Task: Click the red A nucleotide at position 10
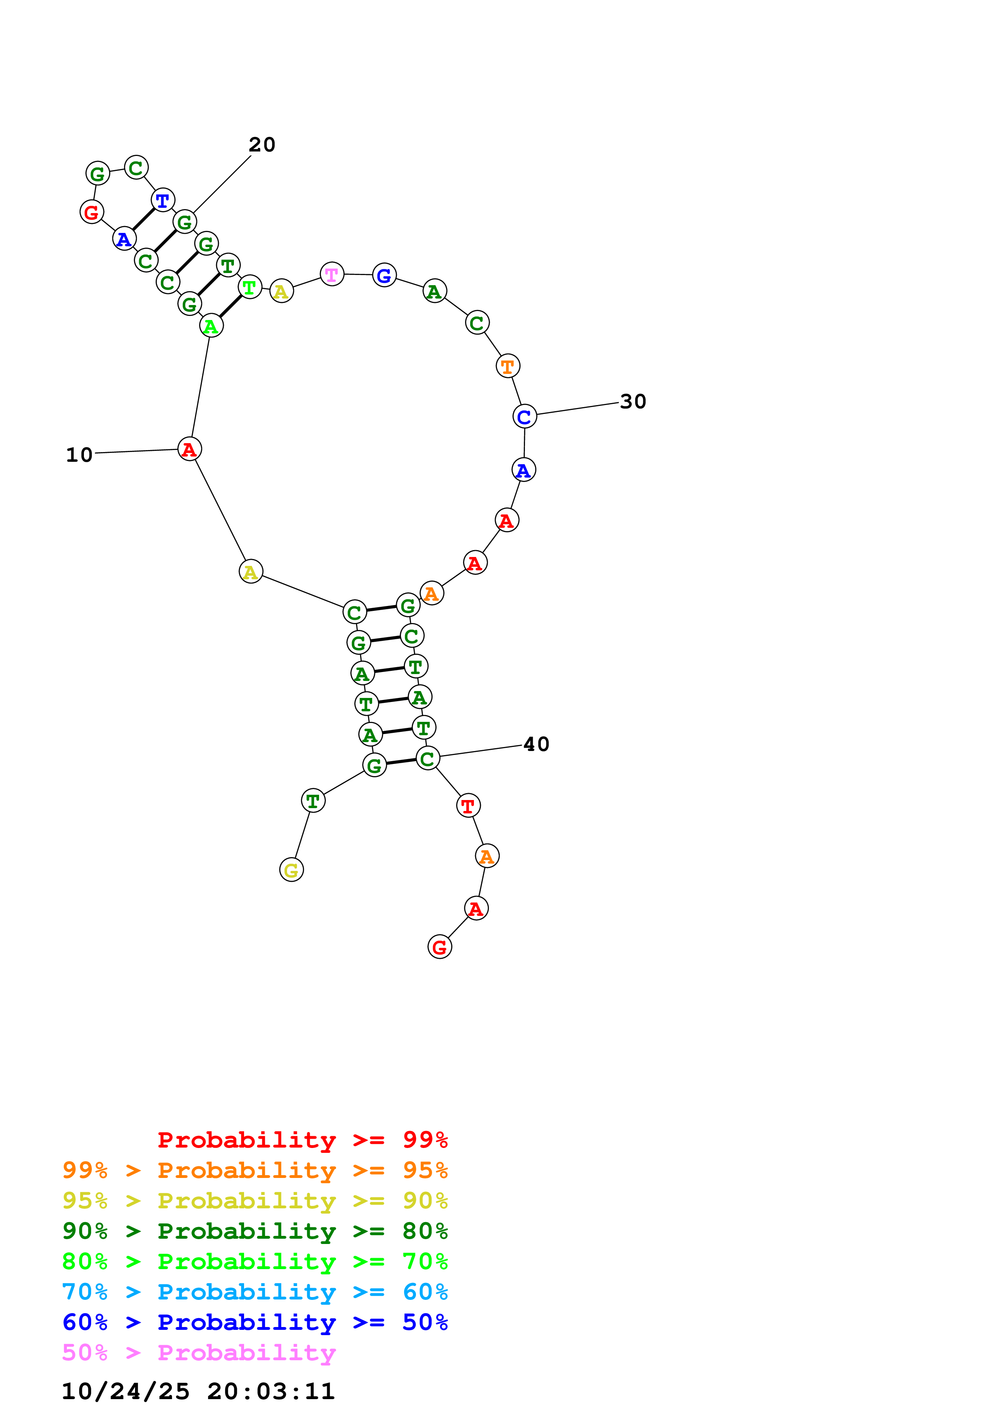[x=189, y=449]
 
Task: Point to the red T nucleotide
[x=468, y=805]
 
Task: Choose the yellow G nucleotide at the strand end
[x=291, y=870]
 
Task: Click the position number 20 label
[x=262, y=145]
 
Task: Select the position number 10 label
[x=79, y=455]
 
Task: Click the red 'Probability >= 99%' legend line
[x=302, y=1140]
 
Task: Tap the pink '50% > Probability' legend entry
[x=199, y=1353]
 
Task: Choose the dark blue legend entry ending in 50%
[x=255, y=1322]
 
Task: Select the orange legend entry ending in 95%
[x=255, y=1170]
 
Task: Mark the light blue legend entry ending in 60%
[x=255, y=1292]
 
